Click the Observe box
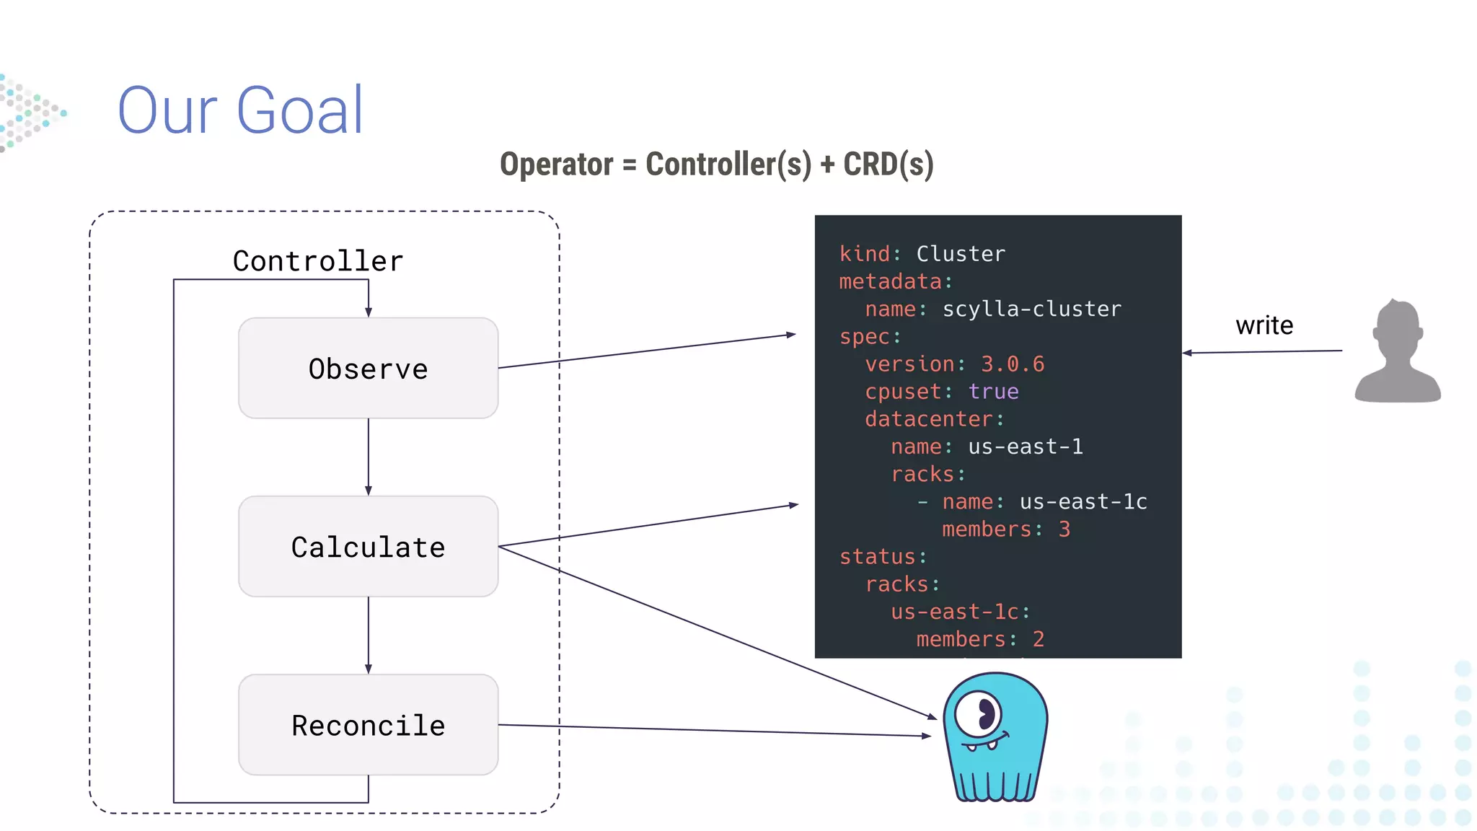click(x=368, y=369)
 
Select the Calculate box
click(x=368, y=547)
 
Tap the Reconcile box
click(x=368, y=725)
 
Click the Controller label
click(x=318, y=261)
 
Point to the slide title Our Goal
click(x=241, y=110)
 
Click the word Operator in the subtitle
click(x=556, y=164)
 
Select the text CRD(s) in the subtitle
click(x=889, y=164)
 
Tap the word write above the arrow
click(x=1264, y=325)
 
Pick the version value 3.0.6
click(x=1012, y=364)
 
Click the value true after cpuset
click(x=993, y=392)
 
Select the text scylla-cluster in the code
click(x=1031, y=309)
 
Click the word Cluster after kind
click(x=960, y=254)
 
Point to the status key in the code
click(x=878, y=557)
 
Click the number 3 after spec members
click(x=1064, y=529)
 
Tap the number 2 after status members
click(x=1038, y=639)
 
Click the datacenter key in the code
click(x=928, y=419)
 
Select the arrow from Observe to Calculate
click(x=369, y=456)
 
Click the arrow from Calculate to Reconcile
click(x=369, y=635)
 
